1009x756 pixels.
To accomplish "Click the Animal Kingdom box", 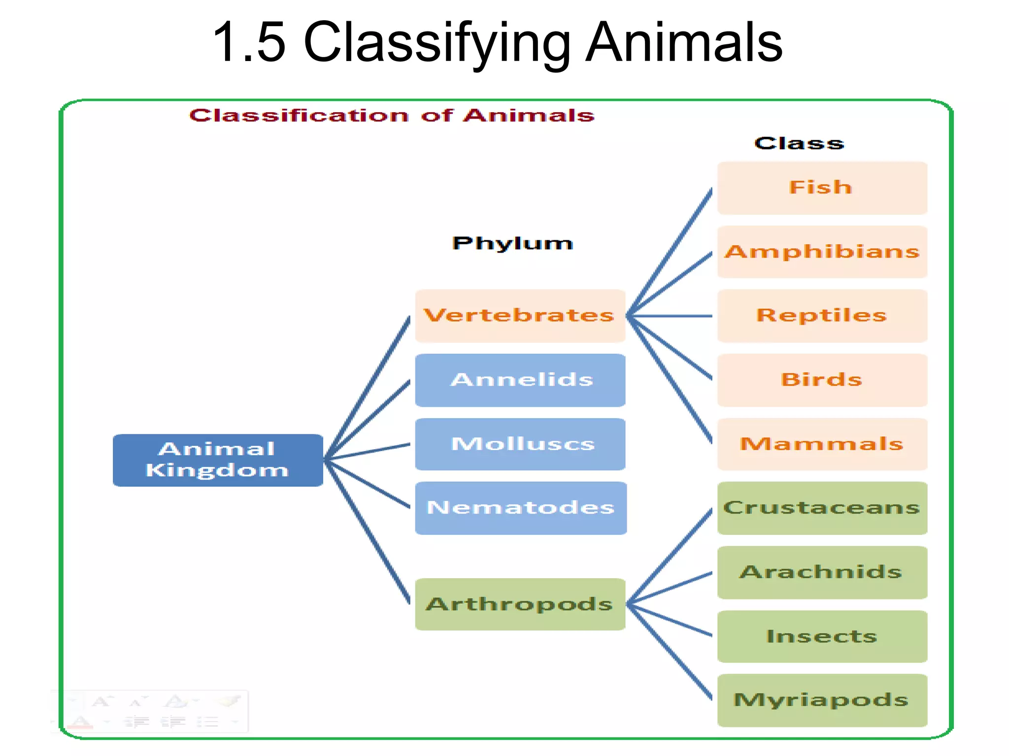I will coord(218,460).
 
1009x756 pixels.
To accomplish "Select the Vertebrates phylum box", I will coord(520,316).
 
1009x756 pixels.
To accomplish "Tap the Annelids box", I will coord(520,380).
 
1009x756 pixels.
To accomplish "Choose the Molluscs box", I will coord(520,444).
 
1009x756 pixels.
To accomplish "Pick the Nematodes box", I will coord(520,508).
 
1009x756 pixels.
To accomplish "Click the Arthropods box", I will coord(520,604).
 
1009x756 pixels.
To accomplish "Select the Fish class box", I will coord(822,188).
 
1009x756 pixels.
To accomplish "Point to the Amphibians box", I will coord(822,252).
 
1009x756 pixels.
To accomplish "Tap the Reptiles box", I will coord(822,316).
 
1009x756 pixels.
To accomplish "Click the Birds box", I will coord(822,380).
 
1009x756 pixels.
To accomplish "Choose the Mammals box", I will coord(822,444).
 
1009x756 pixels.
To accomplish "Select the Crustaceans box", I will coord(822,508).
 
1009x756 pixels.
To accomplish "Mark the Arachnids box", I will coord(822,572).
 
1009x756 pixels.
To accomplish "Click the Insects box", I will coord(822,636).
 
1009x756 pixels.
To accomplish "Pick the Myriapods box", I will coord(822,700).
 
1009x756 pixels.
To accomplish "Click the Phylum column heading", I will coord(512,243).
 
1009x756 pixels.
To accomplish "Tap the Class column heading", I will coord(799,143).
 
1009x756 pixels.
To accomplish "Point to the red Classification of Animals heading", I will coord(392,116).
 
